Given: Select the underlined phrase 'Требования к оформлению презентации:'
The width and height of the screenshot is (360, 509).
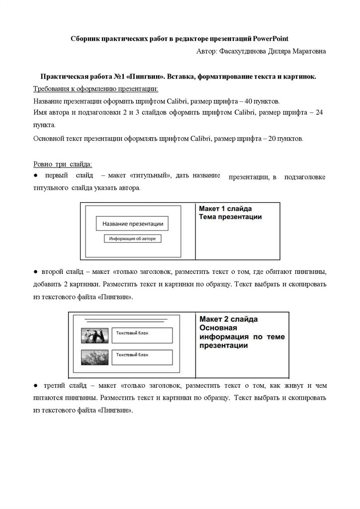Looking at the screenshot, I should (96, 88).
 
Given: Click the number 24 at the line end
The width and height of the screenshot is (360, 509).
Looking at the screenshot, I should (319, 113).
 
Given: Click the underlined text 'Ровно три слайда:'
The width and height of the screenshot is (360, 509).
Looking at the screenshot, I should (62, 164).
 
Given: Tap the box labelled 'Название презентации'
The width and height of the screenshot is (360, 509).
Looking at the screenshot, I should (132, 224).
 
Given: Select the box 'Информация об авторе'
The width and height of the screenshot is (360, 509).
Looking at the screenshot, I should (132, 239).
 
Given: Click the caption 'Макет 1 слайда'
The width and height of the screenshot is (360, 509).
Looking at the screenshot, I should (226, 208).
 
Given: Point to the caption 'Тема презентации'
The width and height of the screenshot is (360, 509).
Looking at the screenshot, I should (230, 217).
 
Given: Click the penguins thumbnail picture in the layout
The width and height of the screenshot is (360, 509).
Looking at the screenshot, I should (94, 336).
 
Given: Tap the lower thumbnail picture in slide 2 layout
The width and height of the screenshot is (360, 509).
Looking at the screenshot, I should (94, 357).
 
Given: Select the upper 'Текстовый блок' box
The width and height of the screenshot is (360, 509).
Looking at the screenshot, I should (141, 335).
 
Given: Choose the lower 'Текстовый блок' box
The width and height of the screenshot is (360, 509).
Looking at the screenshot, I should (141, 357).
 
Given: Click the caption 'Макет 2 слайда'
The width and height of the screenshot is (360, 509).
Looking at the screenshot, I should (229, 319).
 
